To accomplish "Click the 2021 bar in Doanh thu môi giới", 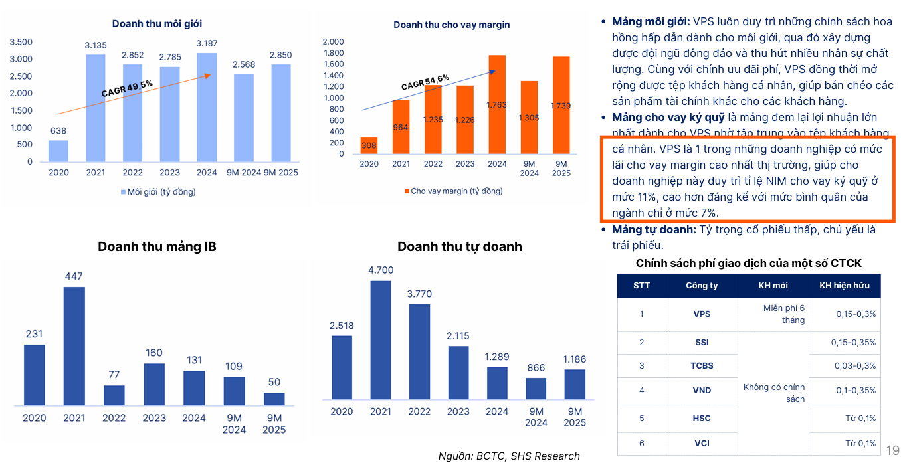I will click(x=95, y=108).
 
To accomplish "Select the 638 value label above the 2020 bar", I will click(x=58, y=130).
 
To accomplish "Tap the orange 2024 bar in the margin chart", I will click(x=497, y=105).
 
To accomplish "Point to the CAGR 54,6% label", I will click(x=425, y=82).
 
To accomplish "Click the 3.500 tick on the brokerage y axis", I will click(x=21, y=42).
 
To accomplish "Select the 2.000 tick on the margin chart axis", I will click(x=333, y=42).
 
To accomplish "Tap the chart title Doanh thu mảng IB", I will click(x=157, y=246).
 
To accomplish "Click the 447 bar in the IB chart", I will click(x=74, y=345).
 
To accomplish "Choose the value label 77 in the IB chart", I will click(x=114, y=375).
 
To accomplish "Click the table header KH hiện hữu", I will click(x=843, y=286).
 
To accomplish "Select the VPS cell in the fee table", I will click(x=702, y=314).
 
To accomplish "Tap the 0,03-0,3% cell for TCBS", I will click(x=855, y=366).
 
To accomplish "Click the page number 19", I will click(x=892, y=451).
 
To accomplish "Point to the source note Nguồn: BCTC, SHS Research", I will click(x=509, y=456).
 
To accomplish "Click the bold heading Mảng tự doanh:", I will click(x=654, y=229).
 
